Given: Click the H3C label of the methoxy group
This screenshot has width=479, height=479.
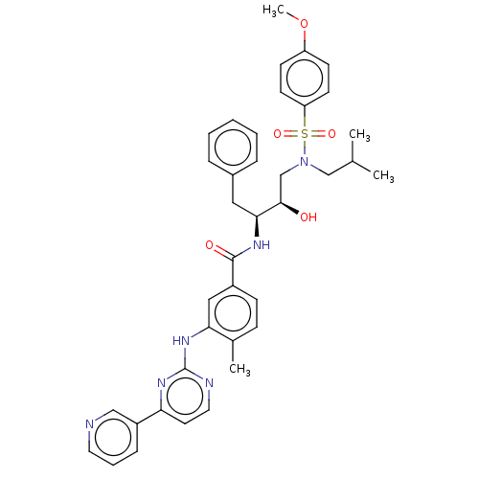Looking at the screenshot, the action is (x=273, y=11).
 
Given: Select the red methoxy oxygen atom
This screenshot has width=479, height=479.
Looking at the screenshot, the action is (x=305, y=24).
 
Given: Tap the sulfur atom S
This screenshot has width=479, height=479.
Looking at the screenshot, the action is (x=305, y=134).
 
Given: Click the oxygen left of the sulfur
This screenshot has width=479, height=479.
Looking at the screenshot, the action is (x=278, y=134).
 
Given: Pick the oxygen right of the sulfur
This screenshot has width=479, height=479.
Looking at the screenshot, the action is (x=331, y=134).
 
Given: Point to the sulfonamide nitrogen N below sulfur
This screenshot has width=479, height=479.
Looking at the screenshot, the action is (x=305, y=162).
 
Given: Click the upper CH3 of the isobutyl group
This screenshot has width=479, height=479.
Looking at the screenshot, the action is (x=359, y=135).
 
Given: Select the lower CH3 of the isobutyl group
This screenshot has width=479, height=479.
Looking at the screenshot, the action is (x=383, y=176).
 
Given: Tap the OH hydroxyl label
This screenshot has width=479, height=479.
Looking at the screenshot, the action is (x=308, y=217).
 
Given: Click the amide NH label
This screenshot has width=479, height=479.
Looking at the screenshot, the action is (x=262, y=245).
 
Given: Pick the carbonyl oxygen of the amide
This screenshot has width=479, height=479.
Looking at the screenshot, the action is (x=210, y=245).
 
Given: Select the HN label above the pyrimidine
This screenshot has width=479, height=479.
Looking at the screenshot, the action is (x=181, y=341).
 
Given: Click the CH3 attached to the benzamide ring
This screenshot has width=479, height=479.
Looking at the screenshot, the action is (x=239, y=369).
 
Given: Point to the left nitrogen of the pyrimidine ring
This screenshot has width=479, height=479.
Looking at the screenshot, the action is (x=162, y=382).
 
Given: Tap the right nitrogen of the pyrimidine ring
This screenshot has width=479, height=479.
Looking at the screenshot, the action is (x=209, y=382).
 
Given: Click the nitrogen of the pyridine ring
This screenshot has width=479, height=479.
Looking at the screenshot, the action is (x=90, y=424).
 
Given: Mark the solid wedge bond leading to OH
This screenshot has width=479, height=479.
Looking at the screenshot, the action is (x=289, y=208).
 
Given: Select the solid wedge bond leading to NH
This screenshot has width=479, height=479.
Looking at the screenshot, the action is (x=257, y=226).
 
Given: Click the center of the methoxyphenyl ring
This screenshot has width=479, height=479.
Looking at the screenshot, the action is (x=305, y=79).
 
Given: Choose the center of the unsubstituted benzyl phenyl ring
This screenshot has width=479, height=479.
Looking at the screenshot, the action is (x=233, y=148).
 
